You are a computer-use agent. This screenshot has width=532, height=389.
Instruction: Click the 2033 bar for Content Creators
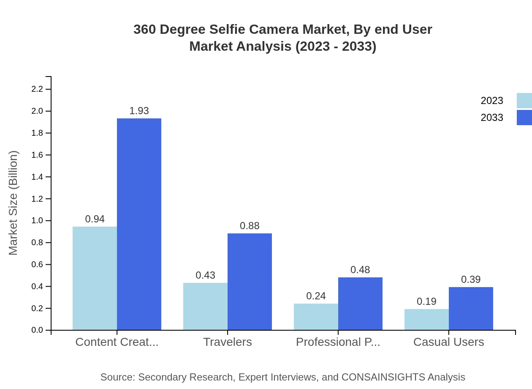tap(139, 224)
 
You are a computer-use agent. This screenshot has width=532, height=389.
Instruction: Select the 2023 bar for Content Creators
tap(95, 278)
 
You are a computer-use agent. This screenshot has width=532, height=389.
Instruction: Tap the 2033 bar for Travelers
tap(250, 282)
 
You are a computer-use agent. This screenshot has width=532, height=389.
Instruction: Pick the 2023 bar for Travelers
tap(205, 307)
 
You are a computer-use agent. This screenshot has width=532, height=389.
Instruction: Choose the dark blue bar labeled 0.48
tap(360, 304)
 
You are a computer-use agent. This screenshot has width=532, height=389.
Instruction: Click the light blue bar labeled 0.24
tap(316, 317)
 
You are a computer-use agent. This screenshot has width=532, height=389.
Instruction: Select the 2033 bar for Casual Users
tap(471, 309)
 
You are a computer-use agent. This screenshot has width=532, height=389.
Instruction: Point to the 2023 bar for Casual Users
tap(426, 320)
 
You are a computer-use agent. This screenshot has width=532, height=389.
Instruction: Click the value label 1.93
tap(139, 111)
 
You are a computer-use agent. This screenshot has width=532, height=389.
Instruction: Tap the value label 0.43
tap(205, 275)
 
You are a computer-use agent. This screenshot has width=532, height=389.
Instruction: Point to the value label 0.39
tap(471, 279)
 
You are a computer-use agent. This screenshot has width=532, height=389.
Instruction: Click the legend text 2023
tap(492, 101)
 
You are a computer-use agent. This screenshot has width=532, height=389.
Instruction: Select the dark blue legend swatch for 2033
tap(524, 118)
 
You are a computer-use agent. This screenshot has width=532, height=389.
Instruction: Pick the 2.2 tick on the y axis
tap(38, 89)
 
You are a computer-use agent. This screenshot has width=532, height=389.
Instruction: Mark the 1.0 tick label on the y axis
tap(38, 221)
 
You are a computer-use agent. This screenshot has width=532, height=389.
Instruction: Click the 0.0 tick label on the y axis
tap(38, 330)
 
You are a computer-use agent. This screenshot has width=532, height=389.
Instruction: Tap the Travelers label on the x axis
tap(228, 342)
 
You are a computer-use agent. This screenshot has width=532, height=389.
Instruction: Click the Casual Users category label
tap(448, 342)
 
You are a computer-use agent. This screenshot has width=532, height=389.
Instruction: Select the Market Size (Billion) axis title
tap(14, 203)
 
